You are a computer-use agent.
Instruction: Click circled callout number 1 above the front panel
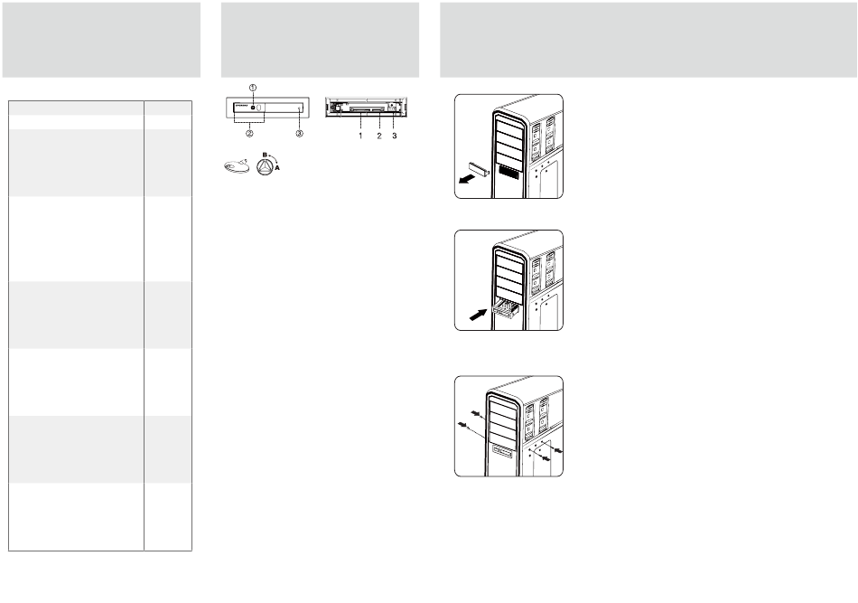tap(253, 87)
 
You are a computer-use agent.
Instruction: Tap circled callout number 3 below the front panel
tap(299, 132)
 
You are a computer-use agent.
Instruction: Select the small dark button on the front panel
tap(252, 108)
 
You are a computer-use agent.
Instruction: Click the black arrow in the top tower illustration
tap(467, 178)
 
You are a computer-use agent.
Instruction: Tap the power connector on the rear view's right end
tap(394, 107)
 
